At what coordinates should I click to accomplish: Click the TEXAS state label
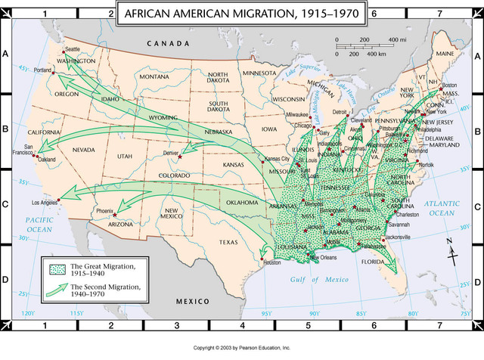[228, 242]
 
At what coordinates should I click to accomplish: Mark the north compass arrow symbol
[452, 253]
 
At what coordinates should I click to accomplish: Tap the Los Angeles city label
[44, 203]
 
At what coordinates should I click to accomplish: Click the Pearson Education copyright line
[242, 348]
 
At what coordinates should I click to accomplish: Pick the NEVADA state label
[83, 150]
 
